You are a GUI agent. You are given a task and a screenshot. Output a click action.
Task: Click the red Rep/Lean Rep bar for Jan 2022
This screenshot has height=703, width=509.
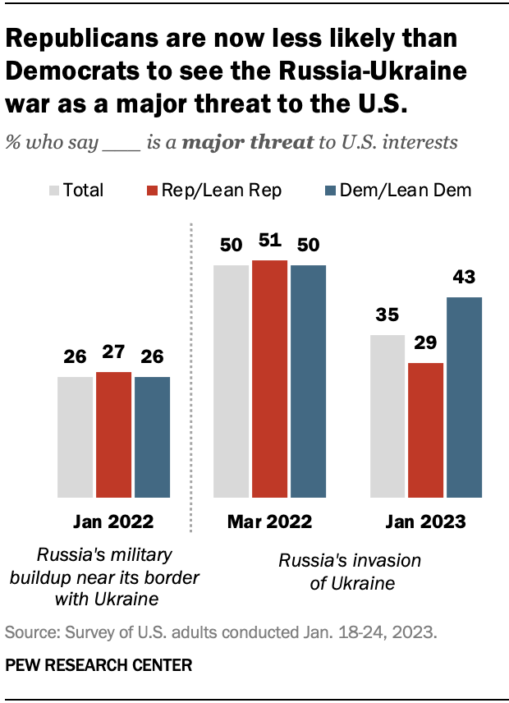[113, 434]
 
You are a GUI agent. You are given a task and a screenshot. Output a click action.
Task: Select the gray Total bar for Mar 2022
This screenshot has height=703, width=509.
[231, 381]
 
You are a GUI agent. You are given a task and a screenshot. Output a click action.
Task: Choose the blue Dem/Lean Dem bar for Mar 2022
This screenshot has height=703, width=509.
[308, 381]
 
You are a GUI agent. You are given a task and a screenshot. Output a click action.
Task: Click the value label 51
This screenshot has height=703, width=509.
[269, 241]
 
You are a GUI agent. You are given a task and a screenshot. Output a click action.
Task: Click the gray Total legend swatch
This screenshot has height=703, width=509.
[53, 191]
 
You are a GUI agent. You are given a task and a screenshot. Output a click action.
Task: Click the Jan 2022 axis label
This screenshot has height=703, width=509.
[113, 522]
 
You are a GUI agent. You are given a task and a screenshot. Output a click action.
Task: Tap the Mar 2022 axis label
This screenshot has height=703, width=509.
[269, 522]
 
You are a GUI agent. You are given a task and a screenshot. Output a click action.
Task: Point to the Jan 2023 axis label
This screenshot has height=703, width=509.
[425, 522]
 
